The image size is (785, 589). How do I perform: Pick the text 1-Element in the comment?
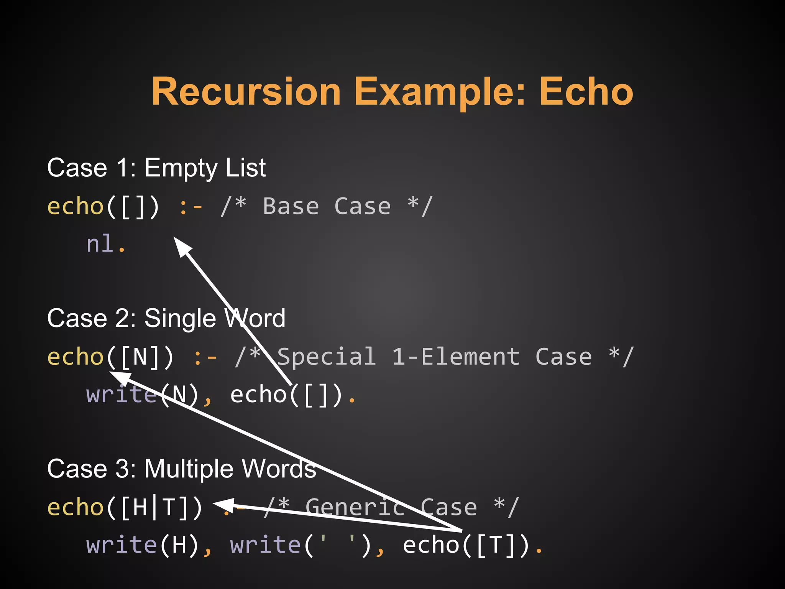[456, 357]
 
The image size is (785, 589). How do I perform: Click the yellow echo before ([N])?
[75, 357]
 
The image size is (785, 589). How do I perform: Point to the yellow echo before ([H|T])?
[75, 507]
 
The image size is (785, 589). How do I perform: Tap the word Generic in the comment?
[355, 507]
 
